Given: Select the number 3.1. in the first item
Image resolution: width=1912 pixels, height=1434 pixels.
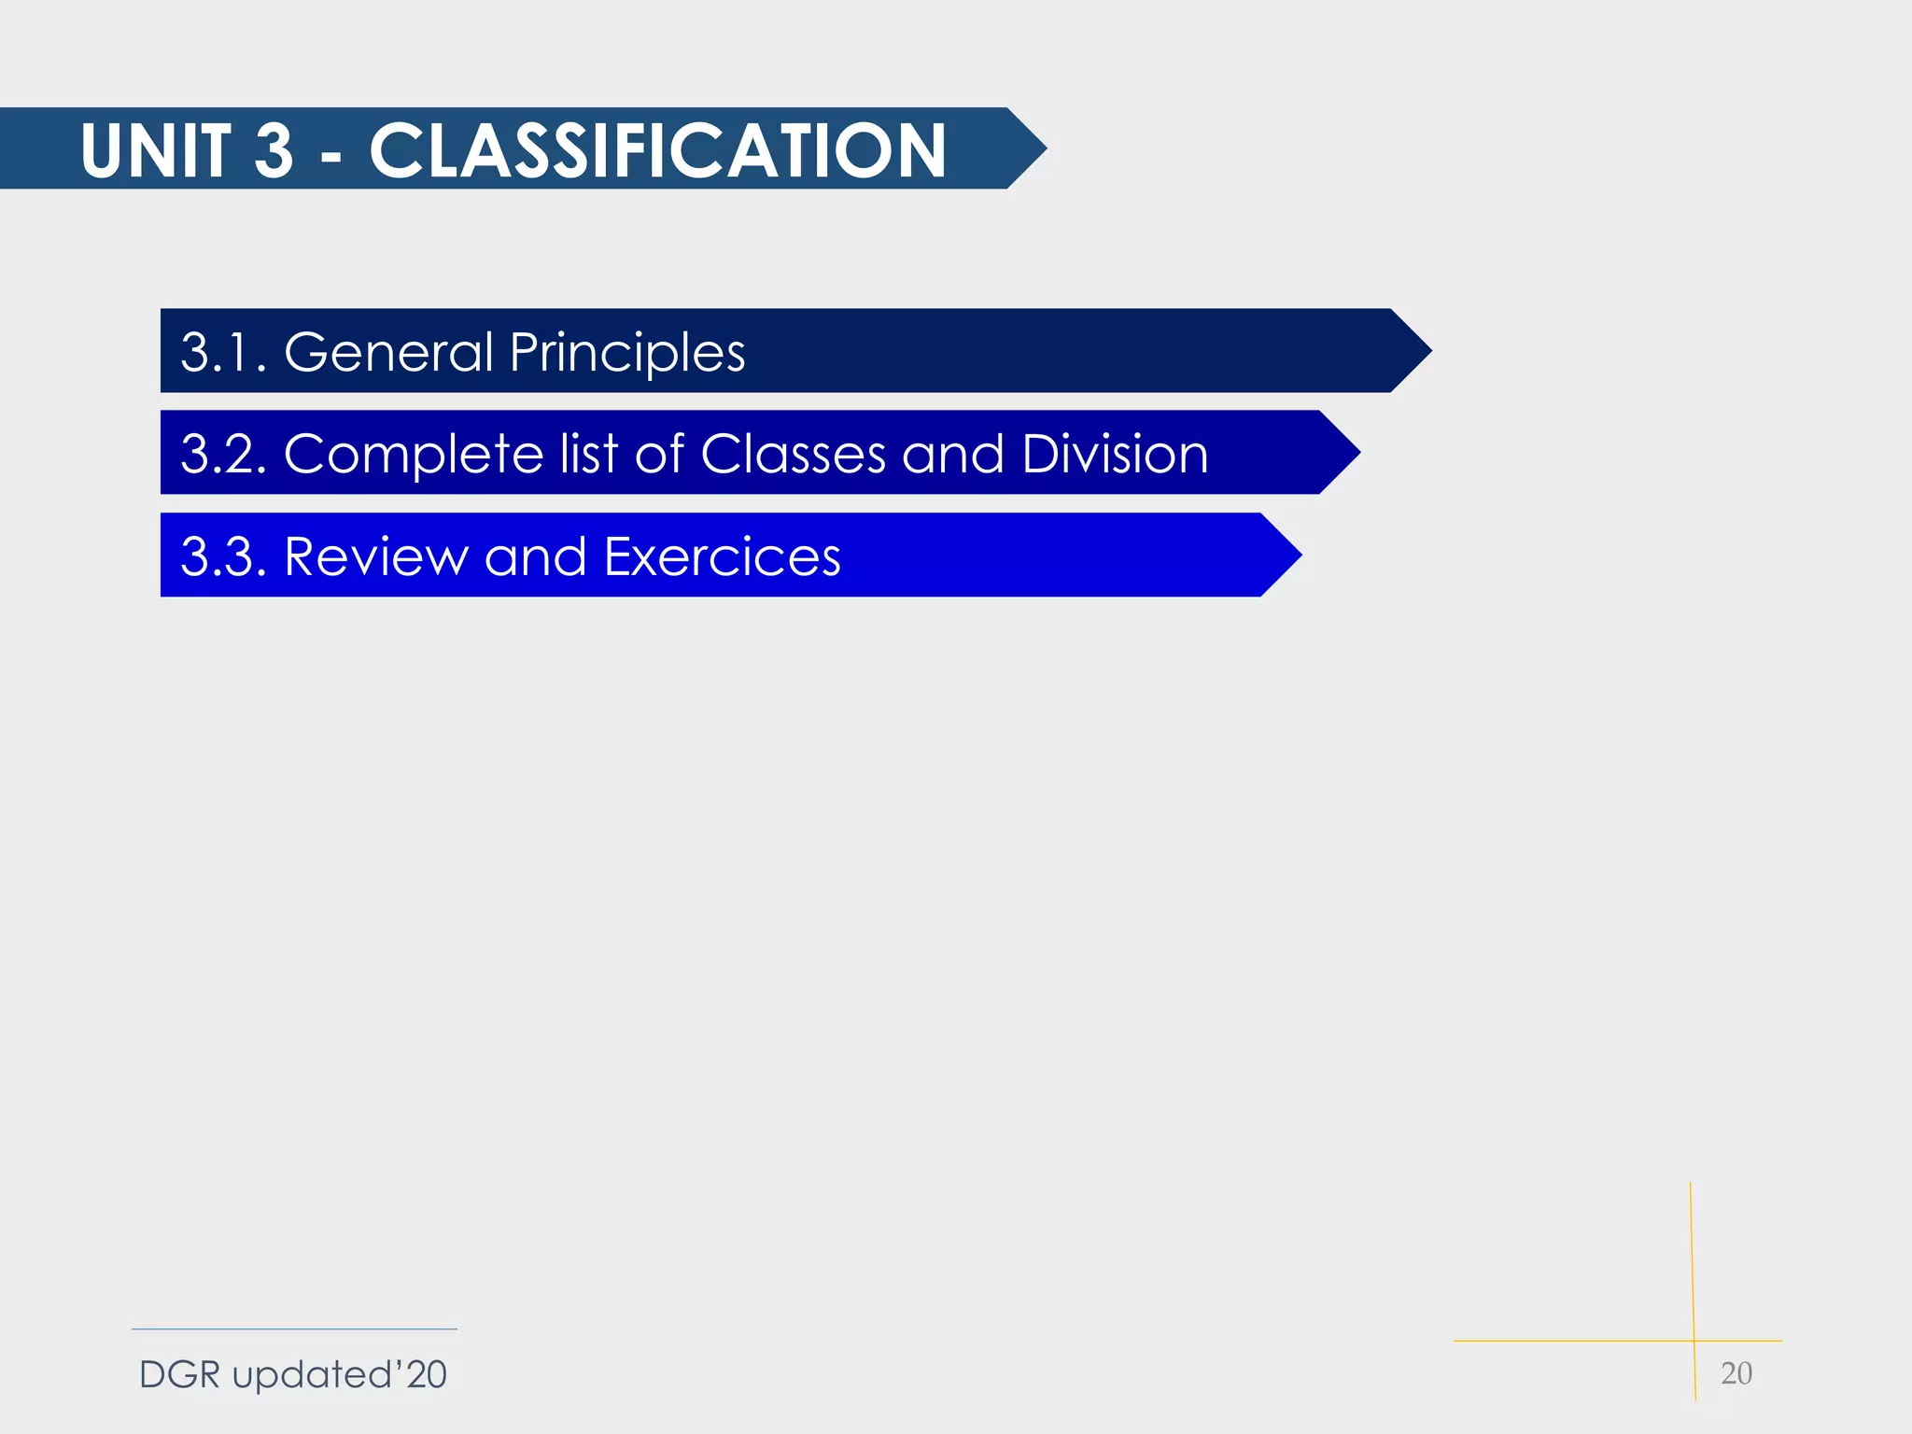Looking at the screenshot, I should click(x=223, y=352).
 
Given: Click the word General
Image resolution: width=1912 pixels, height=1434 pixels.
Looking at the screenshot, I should click(x=388, y=352).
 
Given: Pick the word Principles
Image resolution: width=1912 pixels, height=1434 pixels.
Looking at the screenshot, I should click(x=626, y=353).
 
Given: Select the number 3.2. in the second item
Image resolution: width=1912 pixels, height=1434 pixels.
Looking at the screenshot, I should click(x=223, y=454).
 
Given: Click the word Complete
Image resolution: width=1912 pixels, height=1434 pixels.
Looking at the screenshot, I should click(x=413, y=455).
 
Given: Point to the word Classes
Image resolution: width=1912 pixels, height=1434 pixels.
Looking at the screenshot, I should click(x=793, y=454).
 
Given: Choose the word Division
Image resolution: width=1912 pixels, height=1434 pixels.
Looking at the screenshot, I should click(x=1115, y=454).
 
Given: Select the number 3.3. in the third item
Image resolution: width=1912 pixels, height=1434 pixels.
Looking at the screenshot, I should click(x=223, y=556).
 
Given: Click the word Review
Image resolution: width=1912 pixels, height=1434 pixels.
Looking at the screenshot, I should click(x=375, y=556).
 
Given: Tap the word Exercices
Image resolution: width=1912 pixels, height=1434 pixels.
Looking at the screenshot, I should click(x=722, y=556).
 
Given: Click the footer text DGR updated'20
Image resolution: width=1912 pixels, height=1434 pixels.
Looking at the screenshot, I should click(x=292, y=1374).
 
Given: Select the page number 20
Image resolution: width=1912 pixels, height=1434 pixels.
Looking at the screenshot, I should click(x=1736, y=1373).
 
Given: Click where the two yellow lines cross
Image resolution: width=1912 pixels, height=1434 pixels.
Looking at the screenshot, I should click(x=1694, y=1341).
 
